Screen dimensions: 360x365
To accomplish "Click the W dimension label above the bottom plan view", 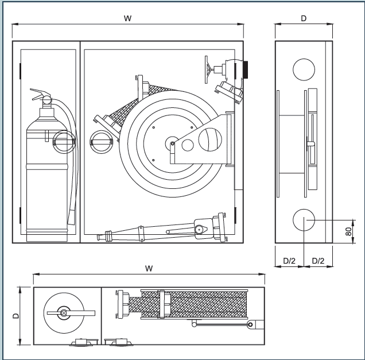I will click(x=149, y=269).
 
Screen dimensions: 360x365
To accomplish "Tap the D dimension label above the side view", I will click(x=304, y=18).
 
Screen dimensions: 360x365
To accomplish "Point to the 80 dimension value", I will click(x=348, y=231).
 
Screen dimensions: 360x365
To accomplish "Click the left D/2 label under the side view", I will click(x=289, y=261).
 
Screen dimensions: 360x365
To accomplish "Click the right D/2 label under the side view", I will click(x=317, y=261).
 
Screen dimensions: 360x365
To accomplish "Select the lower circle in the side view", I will click(x=304, y=221).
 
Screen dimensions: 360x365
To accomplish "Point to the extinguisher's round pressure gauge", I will click(x=61, y=141).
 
